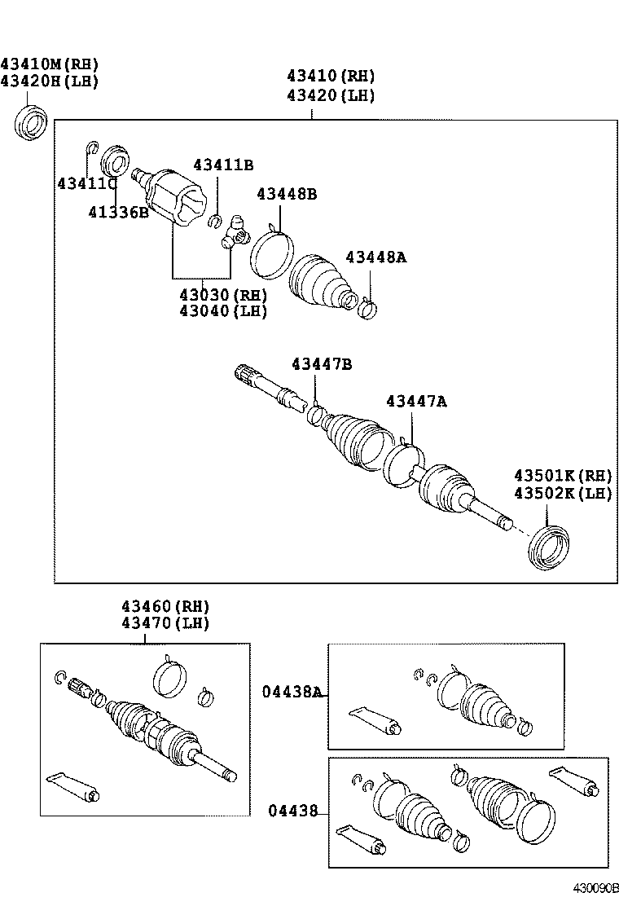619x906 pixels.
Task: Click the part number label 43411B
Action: coord(223,165)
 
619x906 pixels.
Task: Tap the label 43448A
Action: coord(375,257)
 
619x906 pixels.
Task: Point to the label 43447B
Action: coord(322,364)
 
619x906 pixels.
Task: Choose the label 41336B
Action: coord(118,213)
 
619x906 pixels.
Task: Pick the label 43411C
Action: coord(87,184)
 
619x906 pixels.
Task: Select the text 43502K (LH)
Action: coord(562,493)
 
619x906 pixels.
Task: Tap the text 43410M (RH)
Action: coord(49,64)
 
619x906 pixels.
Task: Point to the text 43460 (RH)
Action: coord(165,607)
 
